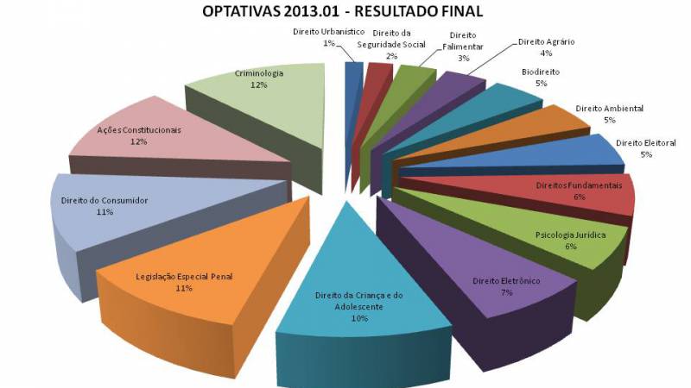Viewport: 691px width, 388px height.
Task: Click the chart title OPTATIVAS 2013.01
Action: click(341, 12)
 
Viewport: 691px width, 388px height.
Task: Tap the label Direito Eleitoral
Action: click(645, 142)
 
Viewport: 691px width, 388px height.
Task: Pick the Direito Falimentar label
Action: click(463, 41)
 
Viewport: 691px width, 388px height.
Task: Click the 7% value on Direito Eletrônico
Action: click(506, 293)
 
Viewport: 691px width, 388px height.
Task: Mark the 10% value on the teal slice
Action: click(359, 318)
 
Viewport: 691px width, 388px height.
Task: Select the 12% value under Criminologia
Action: click(258, 85)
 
